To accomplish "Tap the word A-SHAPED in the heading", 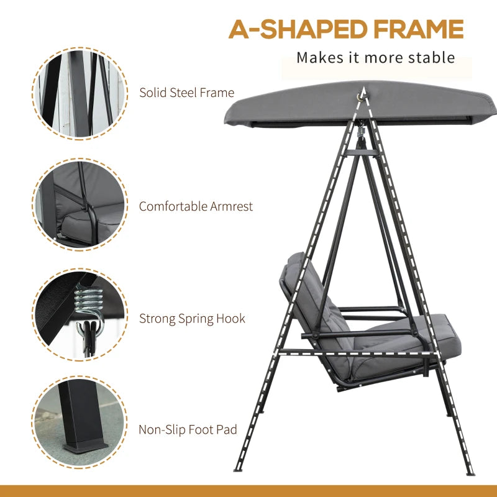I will pyautogui.click(x=290, y=29).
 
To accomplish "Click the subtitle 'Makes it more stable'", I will pyautogui.click(x=375, y=58).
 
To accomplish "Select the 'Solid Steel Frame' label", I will pyautogui.click(x=186, y=93).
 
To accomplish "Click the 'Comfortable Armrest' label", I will pyautogui.click(x=196, y=206).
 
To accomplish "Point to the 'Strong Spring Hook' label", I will pyautogui.click(x=192, y=319).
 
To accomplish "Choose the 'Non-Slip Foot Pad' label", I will pyautogui.click(x=188, y=430).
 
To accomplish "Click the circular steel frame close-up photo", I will pyautogui.click(x=79, y=93).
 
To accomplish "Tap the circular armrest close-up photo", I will pyautogui.click(x=79, y=205).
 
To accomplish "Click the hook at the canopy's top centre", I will pyautogui.click(x=361, y=94).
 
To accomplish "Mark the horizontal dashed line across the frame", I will pyautogui.click(x=360, y=352).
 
